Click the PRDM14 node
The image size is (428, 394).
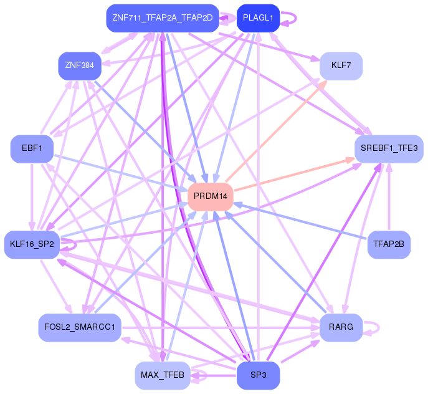211,196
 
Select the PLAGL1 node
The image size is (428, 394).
258,18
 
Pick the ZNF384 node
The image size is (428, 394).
79,65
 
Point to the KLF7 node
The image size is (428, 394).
341,65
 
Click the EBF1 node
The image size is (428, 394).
31,149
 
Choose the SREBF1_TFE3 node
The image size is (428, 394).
389,148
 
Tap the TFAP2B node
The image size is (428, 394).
389,244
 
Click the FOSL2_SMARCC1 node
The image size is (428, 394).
79,327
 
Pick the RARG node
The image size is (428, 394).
341,327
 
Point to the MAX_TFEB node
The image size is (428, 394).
162,375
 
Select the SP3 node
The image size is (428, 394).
258,375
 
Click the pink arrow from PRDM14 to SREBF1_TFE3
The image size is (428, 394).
293,174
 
